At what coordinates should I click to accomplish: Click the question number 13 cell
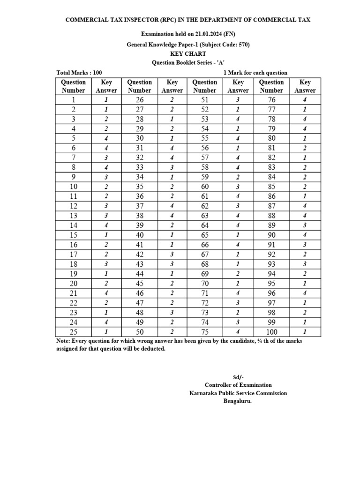(73, 215)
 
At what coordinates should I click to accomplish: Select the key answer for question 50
(172, 331)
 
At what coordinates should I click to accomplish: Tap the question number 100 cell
(271, 331)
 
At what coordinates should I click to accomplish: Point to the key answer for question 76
(305, 99)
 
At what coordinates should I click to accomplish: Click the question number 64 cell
(205, 225)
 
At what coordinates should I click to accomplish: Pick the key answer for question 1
(106, 99)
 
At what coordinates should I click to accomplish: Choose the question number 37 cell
(139, 206)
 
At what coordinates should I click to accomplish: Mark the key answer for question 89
(305, 225)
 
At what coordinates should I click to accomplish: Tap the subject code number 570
(242, 45)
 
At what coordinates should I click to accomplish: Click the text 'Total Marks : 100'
(79, 73)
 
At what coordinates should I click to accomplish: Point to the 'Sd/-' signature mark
(238, 377)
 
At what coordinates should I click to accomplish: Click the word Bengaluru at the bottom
(237, 401)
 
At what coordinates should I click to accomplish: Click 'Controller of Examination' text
(238, 385)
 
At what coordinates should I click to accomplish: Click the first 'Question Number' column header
(73, 86)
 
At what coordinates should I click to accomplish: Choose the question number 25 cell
(73, 331)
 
